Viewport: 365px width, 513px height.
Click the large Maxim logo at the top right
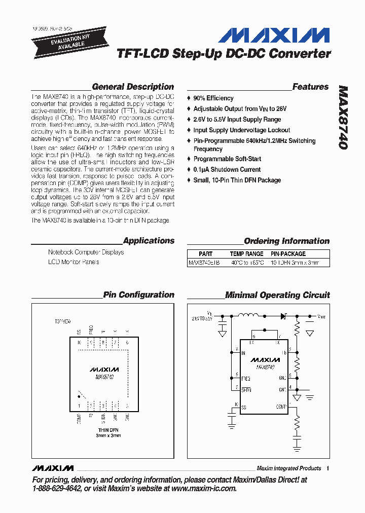tap(274, 35)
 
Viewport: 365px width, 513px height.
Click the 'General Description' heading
tap(133, 87)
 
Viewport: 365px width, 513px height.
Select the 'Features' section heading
tap(310, 87)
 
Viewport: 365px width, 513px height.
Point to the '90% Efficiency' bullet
tap(213, 98)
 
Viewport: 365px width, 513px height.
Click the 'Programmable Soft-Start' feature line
tap(227, 159)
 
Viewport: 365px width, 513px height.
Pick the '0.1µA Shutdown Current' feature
tap(227, 170)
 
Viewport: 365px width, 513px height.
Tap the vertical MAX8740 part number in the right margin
tap(343, 117)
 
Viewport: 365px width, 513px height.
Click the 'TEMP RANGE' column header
tap(246, 253)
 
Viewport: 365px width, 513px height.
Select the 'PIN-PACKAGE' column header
tap(288, 253)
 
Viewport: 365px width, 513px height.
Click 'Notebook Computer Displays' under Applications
tap(86, 252)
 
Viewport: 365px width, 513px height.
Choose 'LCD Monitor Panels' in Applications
tap(74, 262)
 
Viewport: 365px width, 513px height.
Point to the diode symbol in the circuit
tap(283, 315)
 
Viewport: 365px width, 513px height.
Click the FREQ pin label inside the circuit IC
tap(245, 378)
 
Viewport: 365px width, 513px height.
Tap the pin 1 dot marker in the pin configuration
tap(79, 393)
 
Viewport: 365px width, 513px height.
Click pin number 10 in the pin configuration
tap(79, 343)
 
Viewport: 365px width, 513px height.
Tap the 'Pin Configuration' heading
tap(138, 295)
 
